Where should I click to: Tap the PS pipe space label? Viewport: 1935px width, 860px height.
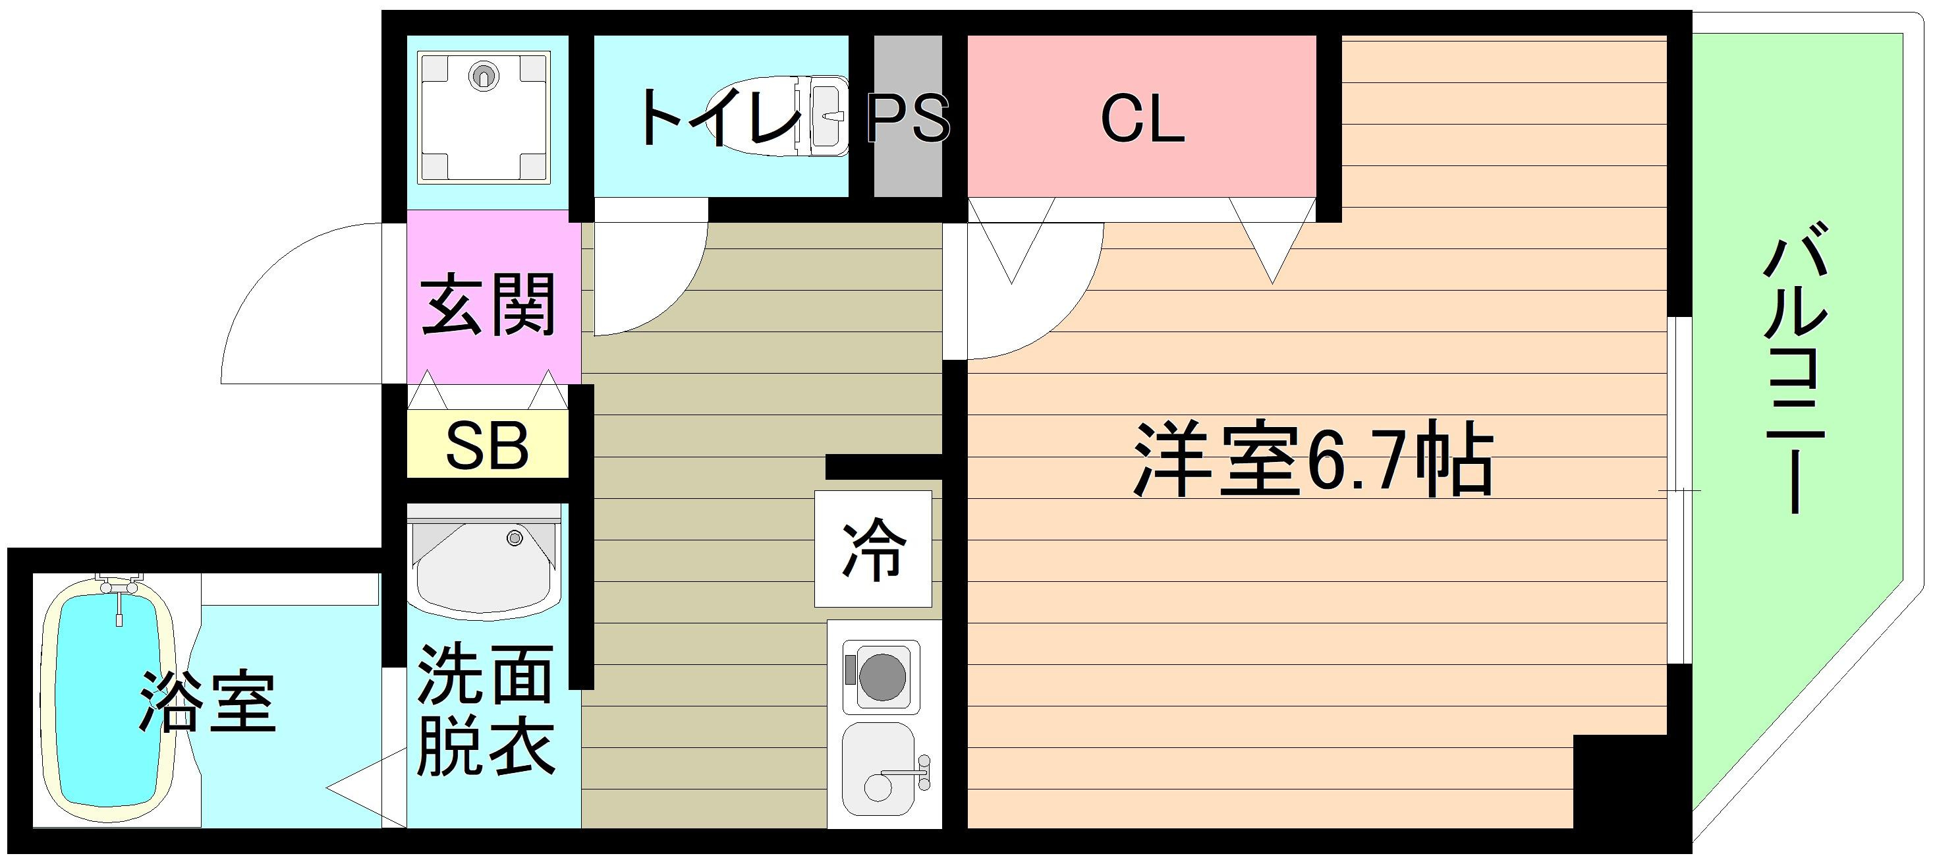pyautogui.click(x=908, y=119)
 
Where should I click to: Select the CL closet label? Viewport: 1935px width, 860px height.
pyautogui.click(x=1142, y=119)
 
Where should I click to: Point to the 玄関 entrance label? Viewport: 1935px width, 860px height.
pyautogui.click(x=488, y=305)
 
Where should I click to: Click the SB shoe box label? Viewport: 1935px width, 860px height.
pyautogui.click(x=487, y=446)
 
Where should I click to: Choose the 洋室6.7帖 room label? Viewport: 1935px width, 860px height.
pyautogui.click(x=1311, y=460)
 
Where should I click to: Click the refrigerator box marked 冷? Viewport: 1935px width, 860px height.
pyautogui.click(x=873, y=549)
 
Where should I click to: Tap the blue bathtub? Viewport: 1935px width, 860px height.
pyautogui.click(x=109, y=697)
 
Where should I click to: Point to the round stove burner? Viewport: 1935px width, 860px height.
pyautogui.click(x=882, y=677)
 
